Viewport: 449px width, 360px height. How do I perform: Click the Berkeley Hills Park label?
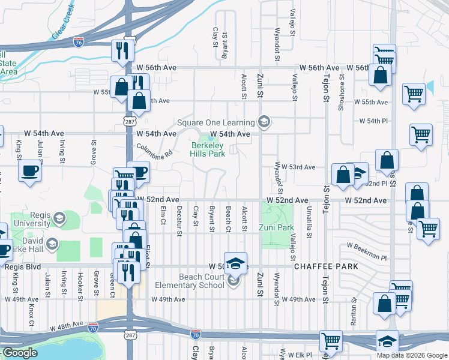(x=208, y=149)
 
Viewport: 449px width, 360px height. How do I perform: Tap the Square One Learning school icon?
(x=263, y=122)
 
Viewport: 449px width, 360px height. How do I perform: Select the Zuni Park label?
(x=276, y=227)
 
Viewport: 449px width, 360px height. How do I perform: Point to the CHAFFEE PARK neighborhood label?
(x=326, y=266)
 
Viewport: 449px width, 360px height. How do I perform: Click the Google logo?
(x=20, y=353)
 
